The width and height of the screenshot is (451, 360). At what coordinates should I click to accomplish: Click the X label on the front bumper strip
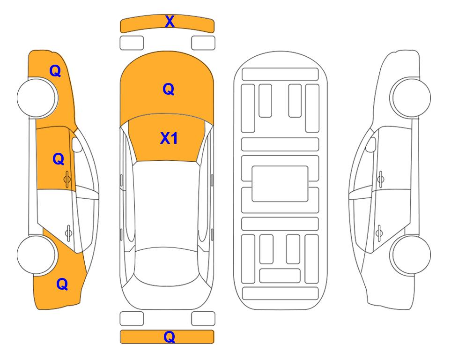click(170, 21)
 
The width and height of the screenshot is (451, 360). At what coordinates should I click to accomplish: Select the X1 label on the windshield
click(169, 138)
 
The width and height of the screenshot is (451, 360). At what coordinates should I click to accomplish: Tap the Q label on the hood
click(169, 89)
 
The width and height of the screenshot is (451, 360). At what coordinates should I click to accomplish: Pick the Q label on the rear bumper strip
click(169, 337)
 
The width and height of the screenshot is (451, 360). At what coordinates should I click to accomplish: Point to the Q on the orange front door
click(59, 159)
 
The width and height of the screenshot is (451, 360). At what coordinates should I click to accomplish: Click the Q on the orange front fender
click(55, 71)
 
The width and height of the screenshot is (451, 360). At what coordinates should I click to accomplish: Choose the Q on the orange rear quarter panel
click(62, 284)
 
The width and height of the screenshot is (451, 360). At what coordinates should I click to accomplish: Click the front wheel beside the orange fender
click(37, 97)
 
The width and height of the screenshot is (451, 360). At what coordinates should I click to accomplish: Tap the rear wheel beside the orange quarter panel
click(37, 255)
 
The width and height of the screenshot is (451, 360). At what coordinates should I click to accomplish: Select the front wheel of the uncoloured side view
click(410, 97)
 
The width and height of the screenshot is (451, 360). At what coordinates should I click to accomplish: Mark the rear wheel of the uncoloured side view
click(411, 255)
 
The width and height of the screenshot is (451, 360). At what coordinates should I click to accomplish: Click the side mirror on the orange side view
click(76, 144)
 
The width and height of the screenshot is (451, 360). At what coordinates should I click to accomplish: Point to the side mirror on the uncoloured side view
click(371, 144)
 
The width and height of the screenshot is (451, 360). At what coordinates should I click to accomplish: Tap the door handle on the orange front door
click(67, 179)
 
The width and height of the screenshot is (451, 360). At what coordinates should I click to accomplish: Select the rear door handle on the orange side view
click(68, 233)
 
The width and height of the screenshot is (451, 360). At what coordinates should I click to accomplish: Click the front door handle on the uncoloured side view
click(381, 179)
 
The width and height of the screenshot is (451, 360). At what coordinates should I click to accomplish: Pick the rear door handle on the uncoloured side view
click(379, 233)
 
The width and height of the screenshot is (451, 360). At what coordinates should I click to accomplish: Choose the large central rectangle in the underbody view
click(280, 184)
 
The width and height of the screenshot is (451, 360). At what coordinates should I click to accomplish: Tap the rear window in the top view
click(167, 266)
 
